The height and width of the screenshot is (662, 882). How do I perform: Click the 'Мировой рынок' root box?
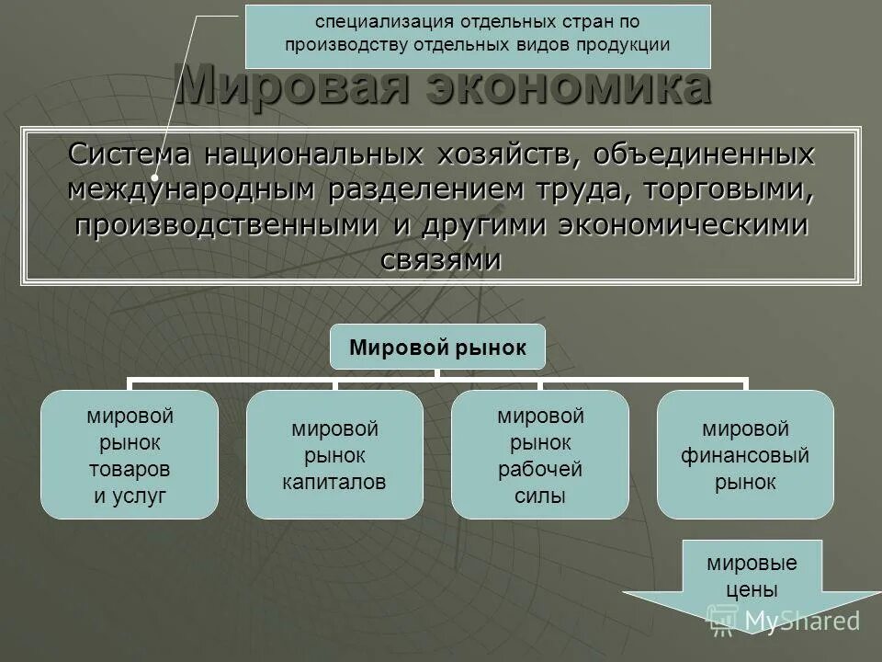[437, 348]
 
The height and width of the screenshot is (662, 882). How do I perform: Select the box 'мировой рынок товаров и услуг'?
[130, 455]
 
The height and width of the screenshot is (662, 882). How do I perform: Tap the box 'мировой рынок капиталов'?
[334, 455]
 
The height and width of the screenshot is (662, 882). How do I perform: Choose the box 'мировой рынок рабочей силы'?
[540, 455]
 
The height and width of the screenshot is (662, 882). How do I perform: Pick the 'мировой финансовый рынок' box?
[745, 455]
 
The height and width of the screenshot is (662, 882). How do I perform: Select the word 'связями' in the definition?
[441, 260]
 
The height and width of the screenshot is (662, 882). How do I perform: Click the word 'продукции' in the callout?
[624, 43]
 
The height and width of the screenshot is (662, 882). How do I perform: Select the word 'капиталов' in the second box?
[334, 481]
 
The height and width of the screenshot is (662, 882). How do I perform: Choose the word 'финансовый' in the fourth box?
[745, 455]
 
